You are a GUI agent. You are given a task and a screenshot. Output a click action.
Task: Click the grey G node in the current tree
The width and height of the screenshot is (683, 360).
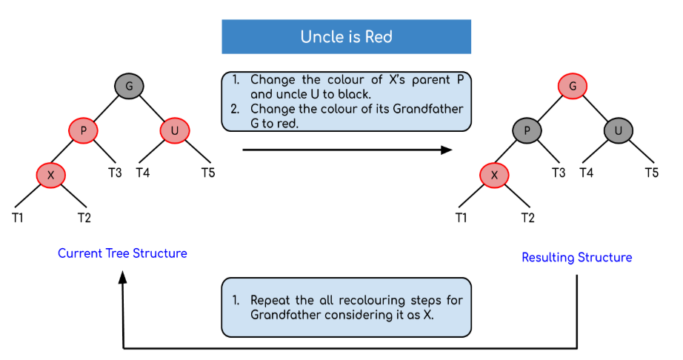(129, 87)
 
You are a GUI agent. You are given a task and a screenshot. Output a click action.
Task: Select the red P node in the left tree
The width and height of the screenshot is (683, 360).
(83, 131)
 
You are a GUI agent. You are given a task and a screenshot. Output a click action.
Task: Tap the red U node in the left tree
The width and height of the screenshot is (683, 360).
(175, 131)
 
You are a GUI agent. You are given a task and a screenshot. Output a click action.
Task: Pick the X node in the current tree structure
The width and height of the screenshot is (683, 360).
(51, 175)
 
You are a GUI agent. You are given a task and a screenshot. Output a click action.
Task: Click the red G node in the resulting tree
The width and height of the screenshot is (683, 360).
(573, 87)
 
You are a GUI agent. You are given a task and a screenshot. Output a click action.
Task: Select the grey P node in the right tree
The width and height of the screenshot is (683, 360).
(527, 131)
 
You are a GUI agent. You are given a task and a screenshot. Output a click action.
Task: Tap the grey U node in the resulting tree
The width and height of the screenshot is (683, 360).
(619, 131)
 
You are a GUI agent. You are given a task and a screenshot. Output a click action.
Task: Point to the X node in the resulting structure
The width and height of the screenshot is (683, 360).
(495, 175)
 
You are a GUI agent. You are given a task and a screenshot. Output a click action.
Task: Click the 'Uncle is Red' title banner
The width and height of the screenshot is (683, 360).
(346, 36)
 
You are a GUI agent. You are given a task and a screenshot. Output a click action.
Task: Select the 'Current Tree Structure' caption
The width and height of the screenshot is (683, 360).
(122, 253)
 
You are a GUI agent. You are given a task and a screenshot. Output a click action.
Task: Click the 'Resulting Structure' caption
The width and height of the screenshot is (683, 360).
(576, 258)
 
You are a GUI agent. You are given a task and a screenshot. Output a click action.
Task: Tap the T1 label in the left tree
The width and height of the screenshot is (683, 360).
(17, 217)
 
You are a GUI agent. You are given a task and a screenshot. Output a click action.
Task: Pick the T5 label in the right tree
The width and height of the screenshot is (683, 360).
(651, 173)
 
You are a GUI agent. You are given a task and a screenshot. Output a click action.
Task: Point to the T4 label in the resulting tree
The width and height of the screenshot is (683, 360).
(586, 173)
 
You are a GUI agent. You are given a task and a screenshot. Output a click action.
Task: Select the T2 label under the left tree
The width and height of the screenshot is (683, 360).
(84, 217)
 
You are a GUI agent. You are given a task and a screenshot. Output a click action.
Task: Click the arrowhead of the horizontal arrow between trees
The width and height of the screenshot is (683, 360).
(447, 150)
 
